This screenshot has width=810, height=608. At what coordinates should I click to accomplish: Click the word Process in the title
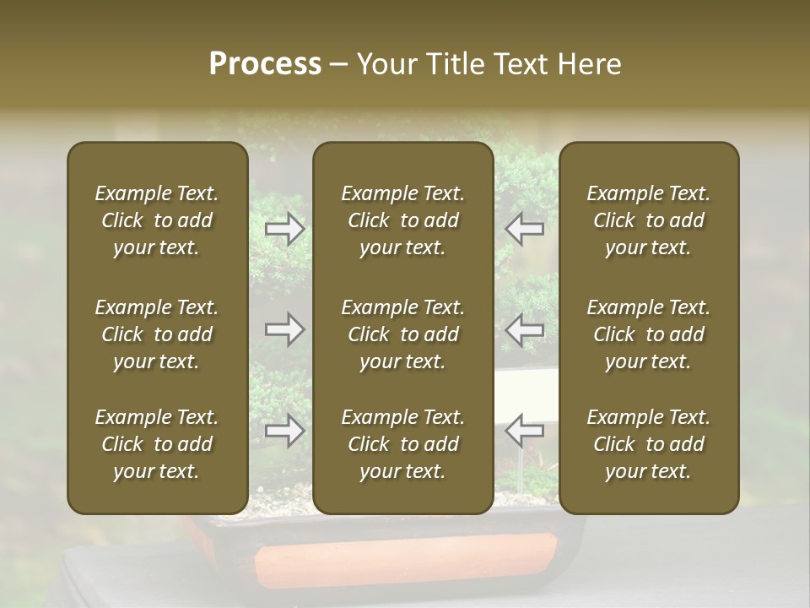(265, 64)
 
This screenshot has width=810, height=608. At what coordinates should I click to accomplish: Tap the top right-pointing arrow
(285, 229)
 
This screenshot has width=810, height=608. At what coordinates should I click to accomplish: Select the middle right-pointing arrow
(285, 328)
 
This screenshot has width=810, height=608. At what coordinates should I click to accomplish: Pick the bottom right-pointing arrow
(285, 431)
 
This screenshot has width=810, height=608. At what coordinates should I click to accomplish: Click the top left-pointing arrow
(525, 229)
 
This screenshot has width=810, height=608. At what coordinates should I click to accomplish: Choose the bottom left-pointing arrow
(525, 431)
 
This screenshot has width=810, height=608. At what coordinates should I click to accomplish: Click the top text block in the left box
(157, 220)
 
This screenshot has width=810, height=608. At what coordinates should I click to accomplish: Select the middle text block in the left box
(157, 334)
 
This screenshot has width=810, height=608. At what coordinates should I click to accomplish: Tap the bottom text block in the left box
(157, 444)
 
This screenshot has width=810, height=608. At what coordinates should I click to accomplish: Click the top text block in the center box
(403, 220)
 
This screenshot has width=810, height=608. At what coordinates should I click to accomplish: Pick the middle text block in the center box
(403, 334)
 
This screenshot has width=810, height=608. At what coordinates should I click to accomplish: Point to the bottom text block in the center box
(403, 444)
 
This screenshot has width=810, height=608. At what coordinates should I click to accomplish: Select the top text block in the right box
(649, 220)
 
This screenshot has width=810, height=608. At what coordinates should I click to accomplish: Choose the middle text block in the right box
(649, 334)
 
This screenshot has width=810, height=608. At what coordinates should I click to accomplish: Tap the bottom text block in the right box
(649, 444)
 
